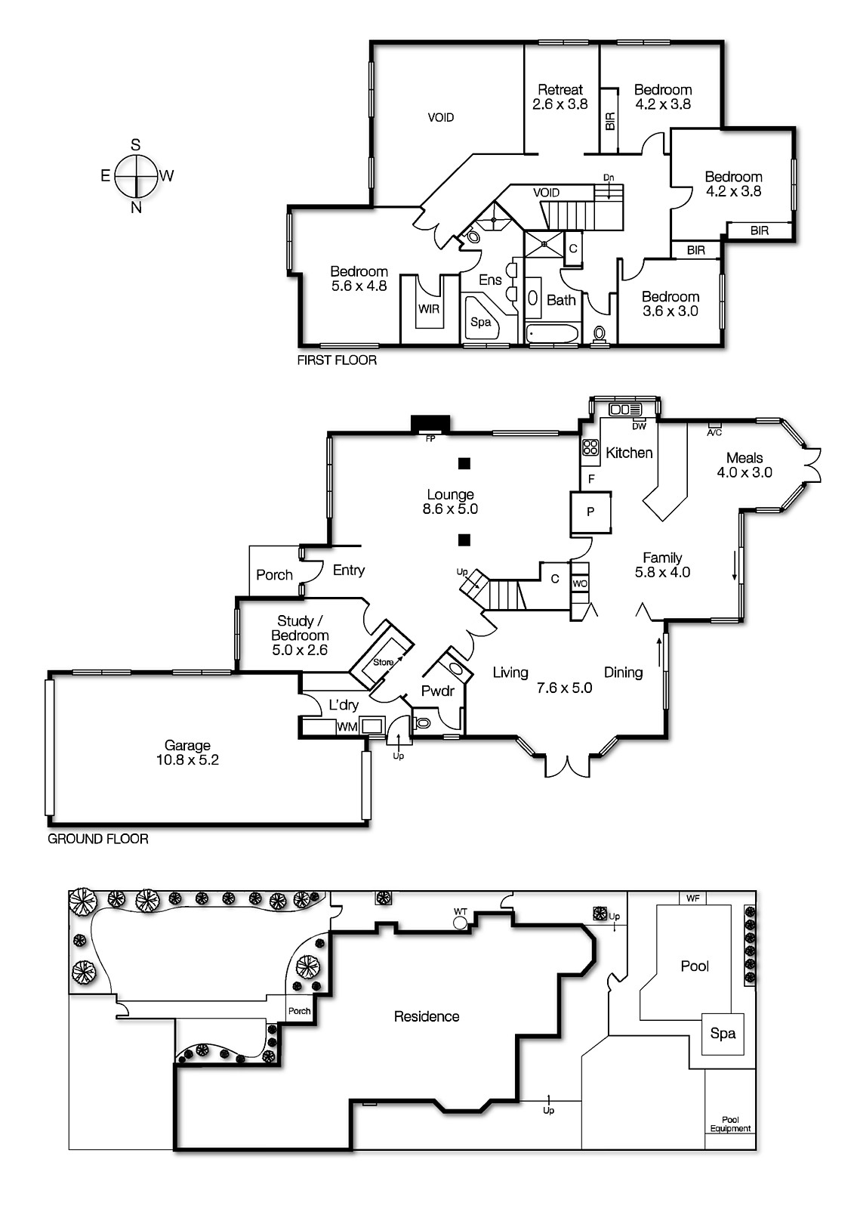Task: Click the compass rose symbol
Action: click(x=136, y=176)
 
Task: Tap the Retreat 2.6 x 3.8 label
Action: click(x=560, y=97)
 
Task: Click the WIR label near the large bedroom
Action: click(x=429, y=308)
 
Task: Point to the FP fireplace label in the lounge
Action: click(x=430, y=438)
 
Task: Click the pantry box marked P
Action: click(x=590, y=512)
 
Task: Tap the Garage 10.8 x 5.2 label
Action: click(x=187, y=753)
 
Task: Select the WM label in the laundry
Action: click(x=347, y=727)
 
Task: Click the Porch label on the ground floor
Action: click(x=274, y=574)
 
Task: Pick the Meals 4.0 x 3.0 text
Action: click(x=744, y=465)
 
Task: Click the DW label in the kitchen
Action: click(x=639, y=426)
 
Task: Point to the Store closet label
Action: click(x=384, y=662)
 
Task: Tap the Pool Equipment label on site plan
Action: click(x=730, y=1124)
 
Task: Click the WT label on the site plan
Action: click(x=460, y=911)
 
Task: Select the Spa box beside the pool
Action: click(x=723, y=1033)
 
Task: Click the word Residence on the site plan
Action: click(x=426, y=1016)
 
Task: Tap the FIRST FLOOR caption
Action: click(x=337, y=360)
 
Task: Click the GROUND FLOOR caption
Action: click(x=98, y=839)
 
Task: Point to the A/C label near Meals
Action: click(x=714, y=432)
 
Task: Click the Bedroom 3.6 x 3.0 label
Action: click(x=670, y=304)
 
